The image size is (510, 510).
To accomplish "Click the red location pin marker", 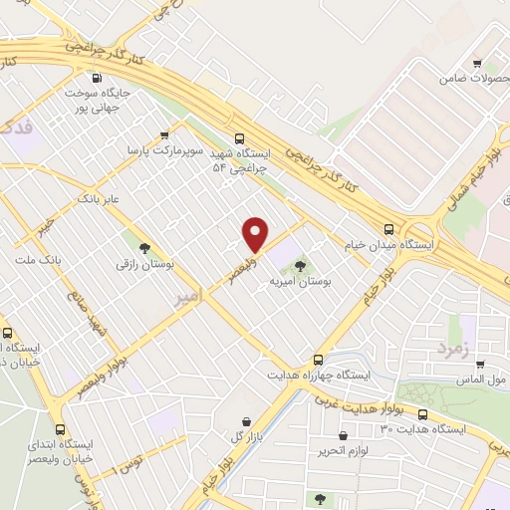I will [256, 234].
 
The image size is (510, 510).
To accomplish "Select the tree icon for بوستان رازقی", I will [145, 248].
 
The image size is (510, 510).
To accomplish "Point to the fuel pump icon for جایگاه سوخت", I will [96, 79].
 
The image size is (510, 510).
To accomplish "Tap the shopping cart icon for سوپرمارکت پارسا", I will [164, 134].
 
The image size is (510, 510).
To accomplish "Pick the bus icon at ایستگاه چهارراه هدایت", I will [319, 359].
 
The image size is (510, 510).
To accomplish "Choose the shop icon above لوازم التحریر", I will [344, 435].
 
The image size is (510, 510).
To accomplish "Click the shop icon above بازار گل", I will [245, 422].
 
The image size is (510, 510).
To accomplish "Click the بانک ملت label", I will [38, 260].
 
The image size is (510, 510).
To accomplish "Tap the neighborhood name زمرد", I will [450, 349].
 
